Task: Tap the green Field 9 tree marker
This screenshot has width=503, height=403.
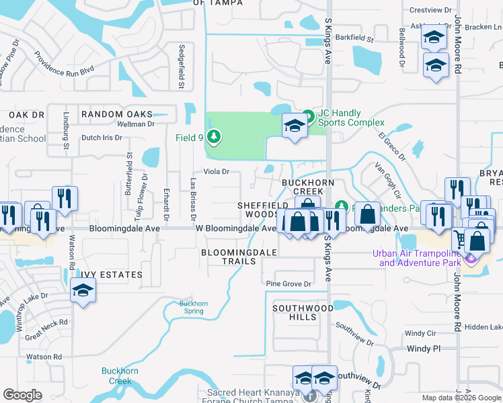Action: click(x=215, y=138)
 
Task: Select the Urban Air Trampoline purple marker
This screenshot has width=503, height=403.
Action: click(x=471, y=259)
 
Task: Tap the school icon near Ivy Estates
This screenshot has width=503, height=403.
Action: click(x=83, y=291)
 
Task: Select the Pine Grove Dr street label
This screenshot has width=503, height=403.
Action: click(x=288, y=284)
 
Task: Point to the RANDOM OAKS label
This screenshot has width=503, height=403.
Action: click(x=117, y=114)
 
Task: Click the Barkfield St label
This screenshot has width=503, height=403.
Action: click(x=354, y=37)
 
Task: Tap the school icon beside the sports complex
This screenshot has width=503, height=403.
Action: click(x=295, y=126)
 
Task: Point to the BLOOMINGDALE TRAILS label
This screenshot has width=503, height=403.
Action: click(x=239, y=257)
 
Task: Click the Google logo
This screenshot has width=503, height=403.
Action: click(x=23, y=395)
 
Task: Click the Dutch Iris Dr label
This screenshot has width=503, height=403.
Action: click(x=102, y=138)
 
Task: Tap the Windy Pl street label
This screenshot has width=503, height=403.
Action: click(x=424, y=349)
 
